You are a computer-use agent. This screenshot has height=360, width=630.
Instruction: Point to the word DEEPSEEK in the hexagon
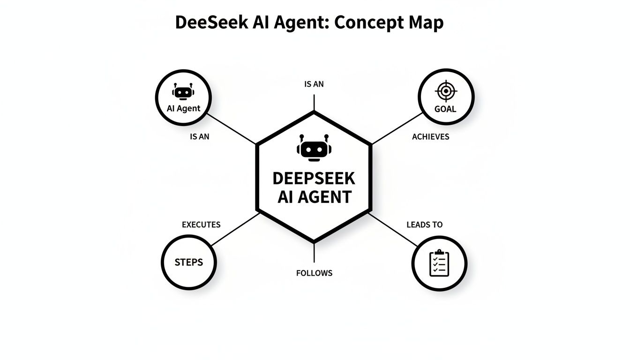[x=314, y=178]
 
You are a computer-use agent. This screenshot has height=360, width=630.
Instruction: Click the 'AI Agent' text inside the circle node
[x=183, y=108]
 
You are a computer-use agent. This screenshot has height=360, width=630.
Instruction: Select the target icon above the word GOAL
[x=446, y=91]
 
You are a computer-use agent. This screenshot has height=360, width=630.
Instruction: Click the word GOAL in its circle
[x=445, y=109]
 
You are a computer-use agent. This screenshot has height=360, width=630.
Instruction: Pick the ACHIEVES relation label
[x=430, y=137]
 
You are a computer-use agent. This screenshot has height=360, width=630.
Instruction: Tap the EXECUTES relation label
[x=201, y=225]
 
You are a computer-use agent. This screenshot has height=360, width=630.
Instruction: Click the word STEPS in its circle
[x=189, y=262]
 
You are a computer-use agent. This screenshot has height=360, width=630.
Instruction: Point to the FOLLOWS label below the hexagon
[x=314, y=273]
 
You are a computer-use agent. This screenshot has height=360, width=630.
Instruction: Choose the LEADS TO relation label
[x=424, y=225]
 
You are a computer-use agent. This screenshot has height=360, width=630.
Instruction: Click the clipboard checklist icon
[x=439, y=263]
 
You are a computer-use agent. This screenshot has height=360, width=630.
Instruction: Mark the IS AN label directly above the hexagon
[x=314, y=85]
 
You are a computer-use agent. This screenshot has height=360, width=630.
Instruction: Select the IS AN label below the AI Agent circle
[x=200, y=137]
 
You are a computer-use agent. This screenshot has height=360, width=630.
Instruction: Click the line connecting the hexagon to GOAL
[x=396, y=128]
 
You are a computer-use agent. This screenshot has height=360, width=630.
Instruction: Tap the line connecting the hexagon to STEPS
[x=234, y=229]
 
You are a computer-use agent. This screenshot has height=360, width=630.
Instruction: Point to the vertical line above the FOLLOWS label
[x=314, y=253]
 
